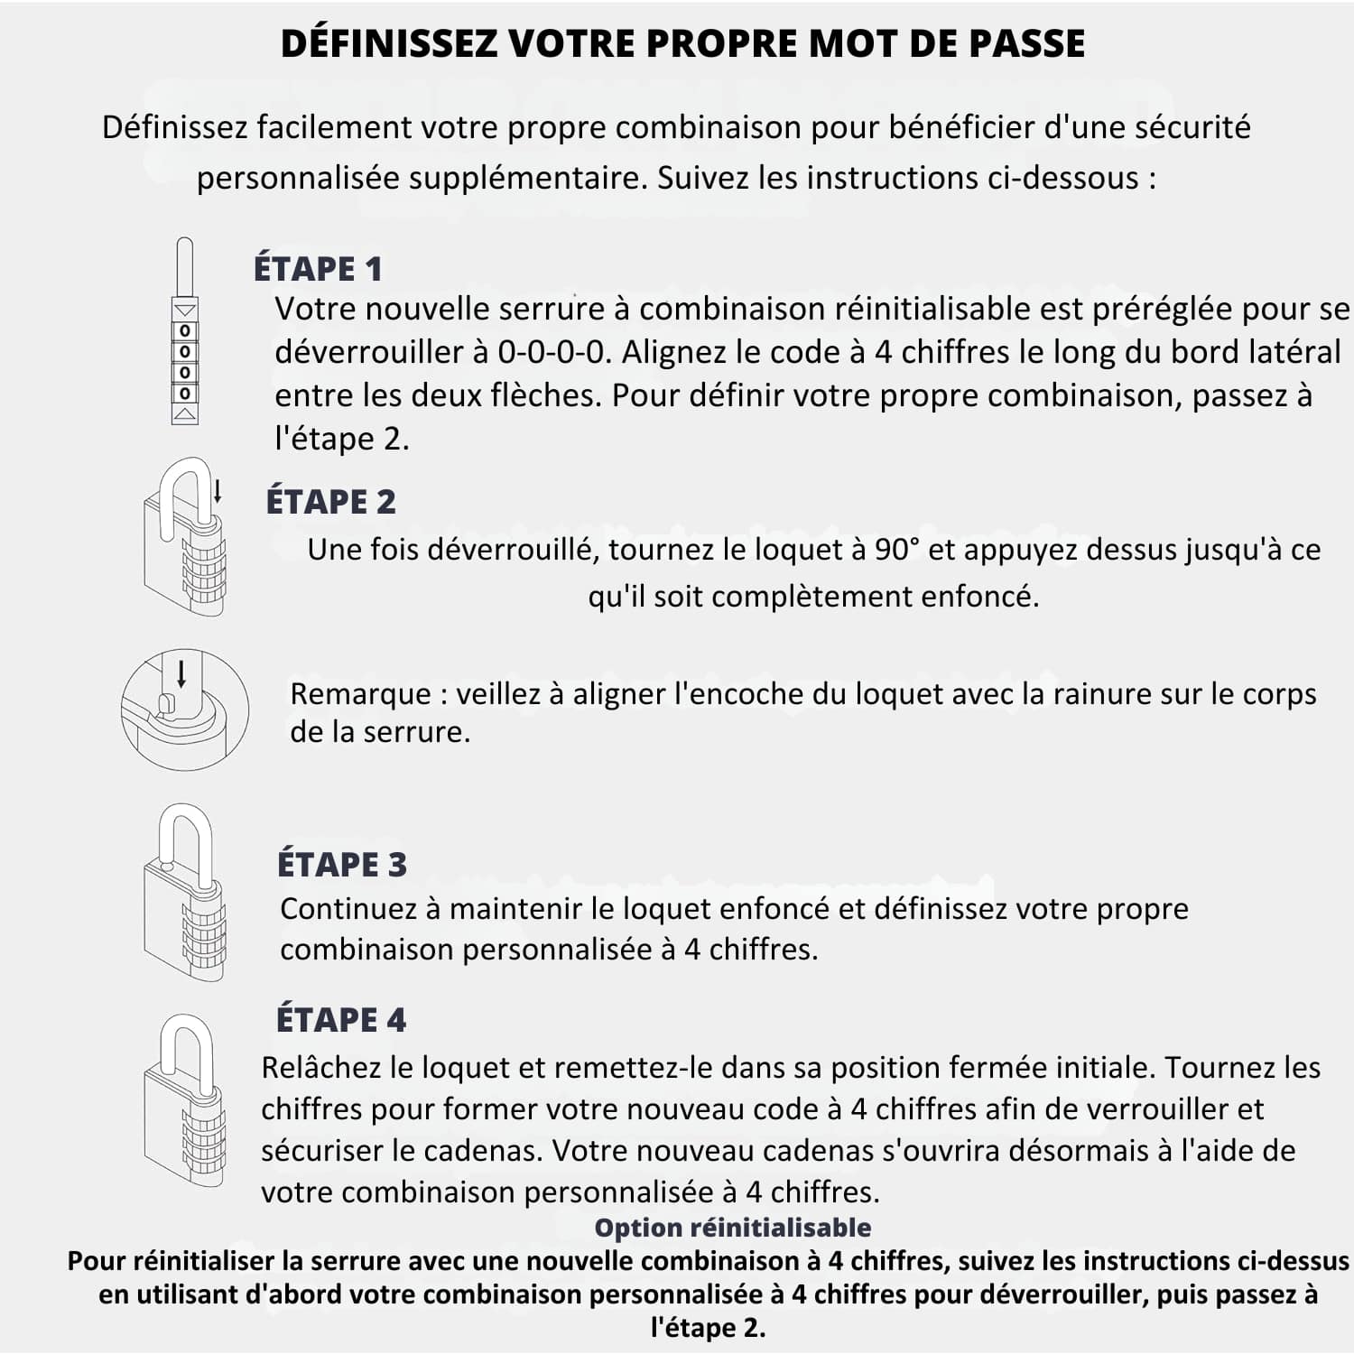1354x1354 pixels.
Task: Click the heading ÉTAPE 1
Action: (318, 269)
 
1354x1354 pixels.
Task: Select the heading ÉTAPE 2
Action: (330, 502)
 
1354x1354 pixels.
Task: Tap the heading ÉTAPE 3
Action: (341, 864)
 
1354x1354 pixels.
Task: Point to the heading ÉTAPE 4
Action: (340, 1020)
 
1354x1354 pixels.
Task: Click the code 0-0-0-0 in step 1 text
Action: (554, 352)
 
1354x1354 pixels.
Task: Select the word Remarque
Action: (360, 694)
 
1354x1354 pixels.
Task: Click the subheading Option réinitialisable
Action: (732, 1228)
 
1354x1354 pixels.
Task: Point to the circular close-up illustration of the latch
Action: (185, 709)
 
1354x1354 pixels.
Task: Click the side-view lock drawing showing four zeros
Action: (185, 332)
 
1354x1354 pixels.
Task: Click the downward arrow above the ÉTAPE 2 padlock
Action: (218, 491)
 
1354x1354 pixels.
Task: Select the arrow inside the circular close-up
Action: (181, 673)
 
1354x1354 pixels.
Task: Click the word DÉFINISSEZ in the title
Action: (389, 43)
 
